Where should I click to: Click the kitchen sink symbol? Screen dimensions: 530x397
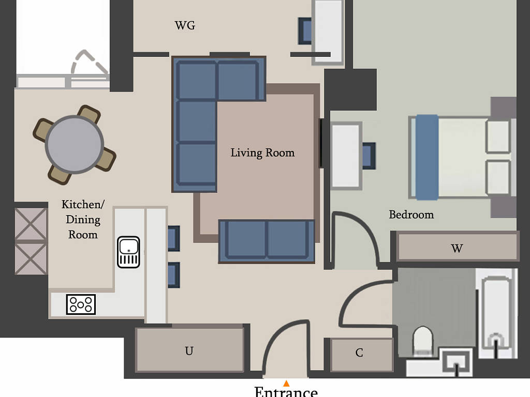(x=128, y=252)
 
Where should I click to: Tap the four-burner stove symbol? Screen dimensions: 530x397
(x=81, y=304)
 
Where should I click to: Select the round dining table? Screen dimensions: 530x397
(x=75, y=144)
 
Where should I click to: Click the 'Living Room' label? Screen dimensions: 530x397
(x=262, y=153)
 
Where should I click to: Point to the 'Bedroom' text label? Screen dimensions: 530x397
(x=411, y=215)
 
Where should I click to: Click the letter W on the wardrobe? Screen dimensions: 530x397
(x=457, y=249)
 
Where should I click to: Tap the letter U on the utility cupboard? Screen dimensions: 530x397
(x=189, y=351)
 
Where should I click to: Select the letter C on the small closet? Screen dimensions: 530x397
(x=359, y=353)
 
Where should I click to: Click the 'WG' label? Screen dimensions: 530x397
(x=185, y=25)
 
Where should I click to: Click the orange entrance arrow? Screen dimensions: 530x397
(x=286, y=383)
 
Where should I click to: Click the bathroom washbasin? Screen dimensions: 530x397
(x=458, y=363)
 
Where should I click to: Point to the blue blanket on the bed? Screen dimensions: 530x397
(x=427, y=157)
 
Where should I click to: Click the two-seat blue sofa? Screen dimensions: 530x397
(x=267, y=241)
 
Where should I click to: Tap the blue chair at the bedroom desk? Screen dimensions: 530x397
(x=369, y=156)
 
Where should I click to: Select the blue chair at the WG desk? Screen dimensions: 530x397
(x=305, y=31)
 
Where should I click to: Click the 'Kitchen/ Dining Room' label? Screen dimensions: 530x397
(x=83, y=219)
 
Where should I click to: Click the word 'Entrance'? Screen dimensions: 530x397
(x=286, y=392)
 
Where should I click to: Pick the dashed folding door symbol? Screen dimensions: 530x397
(x=90, y=63)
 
